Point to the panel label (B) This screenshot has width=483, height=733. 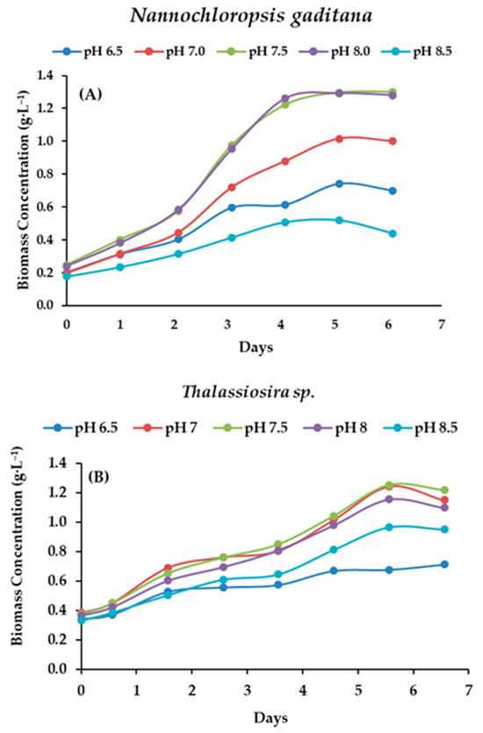pos(105,479)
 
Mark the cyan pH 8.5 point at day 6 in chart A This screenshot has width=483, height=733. pos(393,234)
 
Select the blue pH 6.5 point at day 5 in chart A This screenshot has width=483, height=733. pos(339,183)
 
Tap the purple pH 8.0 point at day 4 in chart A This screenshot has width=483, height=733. pos(285,98)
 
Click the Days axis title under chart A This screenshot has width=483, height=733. pos(256,346)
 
